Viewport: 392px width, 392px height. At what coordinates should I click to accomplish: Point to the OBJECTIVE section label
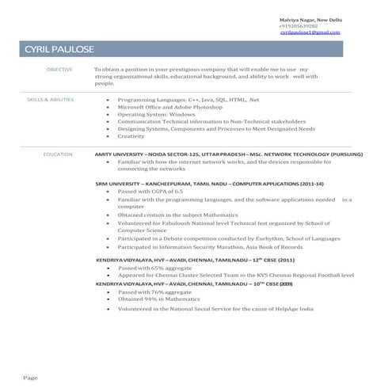[x=59, y=70]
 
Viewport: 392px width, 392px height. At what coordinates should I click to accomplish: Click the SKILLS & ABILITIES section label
[x=51, y=101]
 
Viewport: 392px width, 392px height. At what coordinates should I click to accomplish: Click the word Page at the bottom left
[x=30, y=377]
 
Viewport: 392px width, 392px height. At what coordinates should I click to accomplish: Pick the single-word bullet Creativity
[x=131, y=136]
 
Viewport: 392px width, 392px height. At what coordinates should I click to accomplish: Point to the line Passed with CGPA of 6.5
[x=150, y=192]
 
